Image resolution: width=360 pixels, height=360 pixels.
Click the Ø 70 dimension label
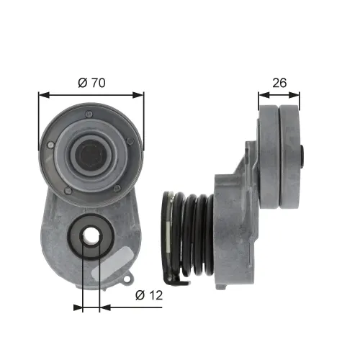[x=91, y=84]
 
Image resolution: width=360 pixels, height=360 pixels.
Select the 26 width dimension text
[x=279, y=83]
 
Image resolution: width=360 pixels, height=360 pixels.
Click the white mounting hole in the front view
[x=91, y=235]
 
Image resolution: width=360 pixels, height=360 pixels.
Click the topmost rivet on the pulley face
[x=88, y=114]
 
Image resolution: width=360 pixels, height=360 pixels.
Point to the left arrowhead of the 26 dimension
[x=261, y=94]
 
